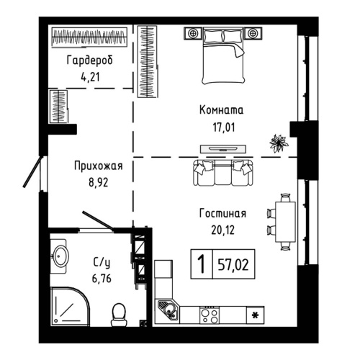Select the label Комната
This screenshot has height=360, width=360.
(222, 111)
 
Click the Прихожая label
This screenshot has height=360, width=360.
(99, 166)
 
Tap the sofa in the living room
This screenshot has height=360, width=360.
(223, 173)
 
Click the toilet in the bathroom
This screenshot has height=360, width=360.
(120, 313)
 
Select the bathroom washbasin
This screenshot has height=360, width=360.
(60, 256)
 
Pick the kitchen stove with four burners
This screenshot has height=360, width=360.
(210, 314)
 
